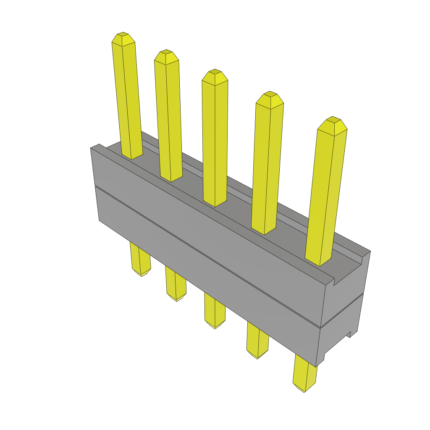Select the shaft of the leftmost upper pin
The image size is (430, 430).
[x=128, y=101]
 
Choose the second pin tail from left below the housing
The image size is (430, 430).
[x=176, y=286]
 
